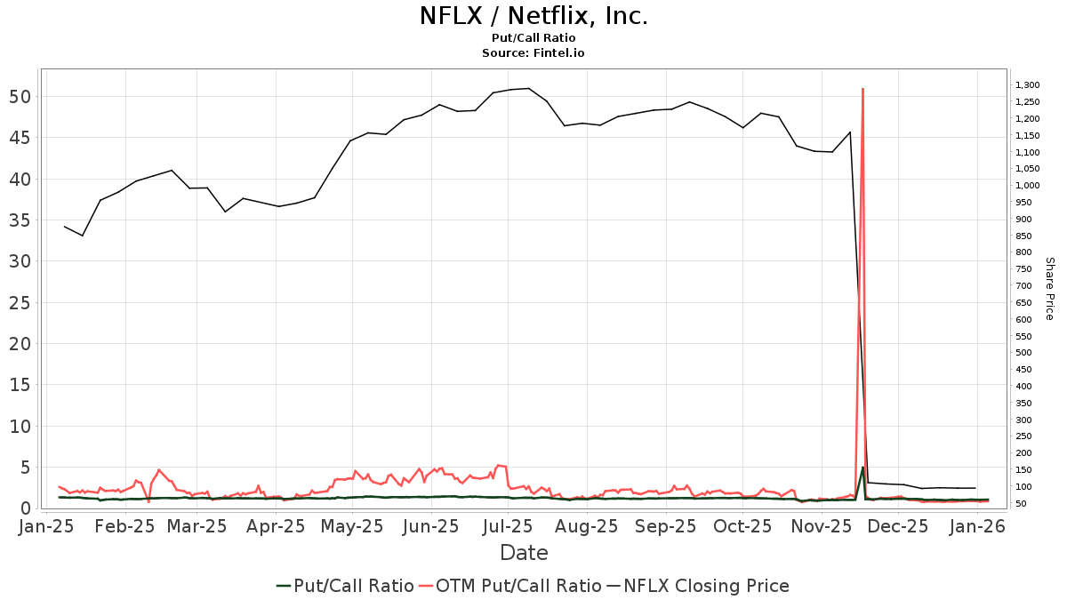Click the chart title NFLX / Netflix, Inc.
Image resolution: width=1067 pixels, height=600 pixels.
point(533,16)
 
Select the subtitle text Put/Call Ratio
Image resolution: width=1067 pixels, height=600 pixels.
point(533,38)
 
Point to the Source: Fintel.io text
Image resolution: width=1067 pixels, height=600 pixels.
point(533,53)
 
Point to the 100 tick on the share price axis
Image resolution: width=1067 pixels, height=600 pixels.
point(1023,487)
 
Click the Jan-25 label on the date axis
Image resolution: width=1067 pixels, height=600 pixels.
point(46,527)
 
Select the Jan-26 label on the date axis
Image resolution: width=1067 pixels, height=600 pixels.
point(977,527)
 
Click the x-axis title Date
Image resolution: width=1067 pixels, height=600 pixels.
point(524,553)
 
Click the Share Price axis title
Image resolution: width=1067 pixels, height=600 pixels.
point(1049,289)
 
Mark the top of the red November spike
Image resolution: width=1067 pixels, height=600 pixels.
point(862,89)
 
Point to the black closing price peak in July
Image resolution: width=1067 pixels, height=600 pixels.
point(528,88)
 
